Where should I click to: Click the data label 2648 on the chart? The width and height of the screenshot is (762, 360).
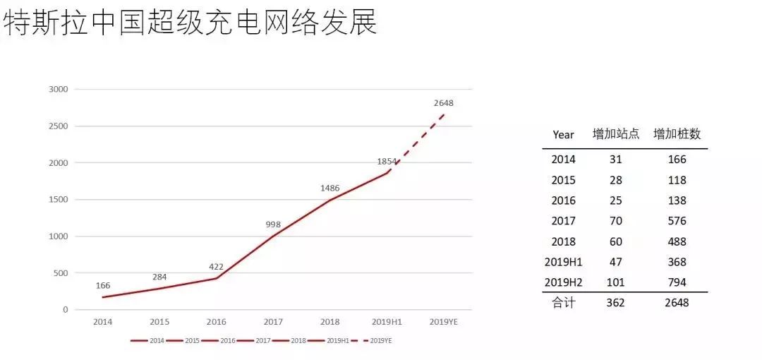pyautogui.click(x=443, y=103)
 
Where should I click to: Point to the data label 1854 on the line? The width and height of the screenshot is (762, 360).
pyautogui.click(x=387, y=162)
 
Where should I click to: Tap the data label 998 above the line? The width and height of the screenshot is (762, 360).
pyautogui.click(x=273, y=224)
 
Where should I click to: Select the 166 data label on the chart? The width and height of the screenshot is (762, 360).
pyautogui.click(x=103, y=285)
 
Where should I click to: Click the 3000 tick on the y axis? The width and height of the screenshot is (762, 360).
pyautogui.click(x=58, y=90)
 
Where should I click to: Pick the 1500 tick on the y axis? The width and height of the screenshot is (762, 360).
pyautogui.click(x=58, y=200)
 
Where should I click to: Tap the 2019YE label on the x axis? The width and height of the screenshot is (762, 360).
pyautogui.click(x=443, y=322)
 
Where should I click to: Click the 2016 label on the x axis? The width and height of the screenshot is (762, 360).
pyautogui.click(x=217, y=322)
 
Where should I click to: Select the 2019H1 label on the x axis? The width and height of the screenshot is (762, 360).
pyautogui.click(x=387, y=322)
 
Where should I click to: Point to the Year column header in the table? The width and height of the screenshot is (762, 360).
pyautogui.click(x=563, y=134)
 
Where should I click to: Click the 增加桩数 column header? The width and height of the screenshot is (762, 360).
pyautogui.click(x=677, y=134)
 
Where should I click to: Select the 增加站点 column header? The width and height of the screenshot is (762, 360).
pyautogui.click(x=615, y=134)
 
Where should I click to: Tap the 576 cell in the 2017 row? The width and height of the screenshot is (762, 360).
pyautogui.click(x=677, y=221)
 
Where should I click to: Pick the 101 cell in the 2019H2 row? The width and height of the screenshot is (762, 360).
pyautogui.click(x=615, y=282)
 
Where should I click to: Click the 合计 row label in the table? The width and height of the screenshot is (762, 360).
pyautogui.click(x=563, y=303)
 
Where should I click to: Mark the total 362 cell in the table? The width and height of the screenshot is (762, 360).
pyautogui.click(x=615, y=303)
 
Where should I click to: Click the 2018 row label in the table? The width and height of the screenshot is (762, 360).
pyautogui.click(x=563, y=241)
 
